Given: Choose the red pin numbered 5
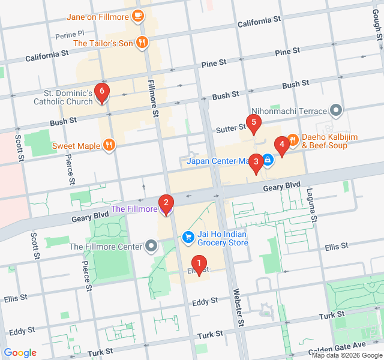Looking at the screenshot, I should [x=254, y=124].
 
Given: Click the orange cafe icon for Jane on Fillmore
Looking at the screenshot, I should [x=138, y=16].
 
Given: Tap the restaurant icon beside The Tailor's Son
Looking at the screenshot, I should [x=142, y=43].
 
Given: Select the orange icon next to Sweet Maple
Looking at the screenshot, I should [x=109, y=145].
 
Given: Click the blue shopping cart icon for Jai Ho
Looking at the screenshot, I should [x=188, y=237].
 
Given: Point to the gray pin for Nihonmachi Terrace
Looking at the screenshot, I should [x=336, y=111].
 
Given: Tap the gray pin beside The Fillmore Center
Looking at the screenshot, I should [x=151, y=246].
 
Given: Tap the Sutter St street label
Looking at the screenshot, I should [x=231, y=127].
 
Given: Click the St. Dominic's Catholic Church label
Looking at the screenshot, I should [x=68, y=97].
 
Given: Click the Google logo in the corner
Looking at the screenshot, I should [x=20, y=353].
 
